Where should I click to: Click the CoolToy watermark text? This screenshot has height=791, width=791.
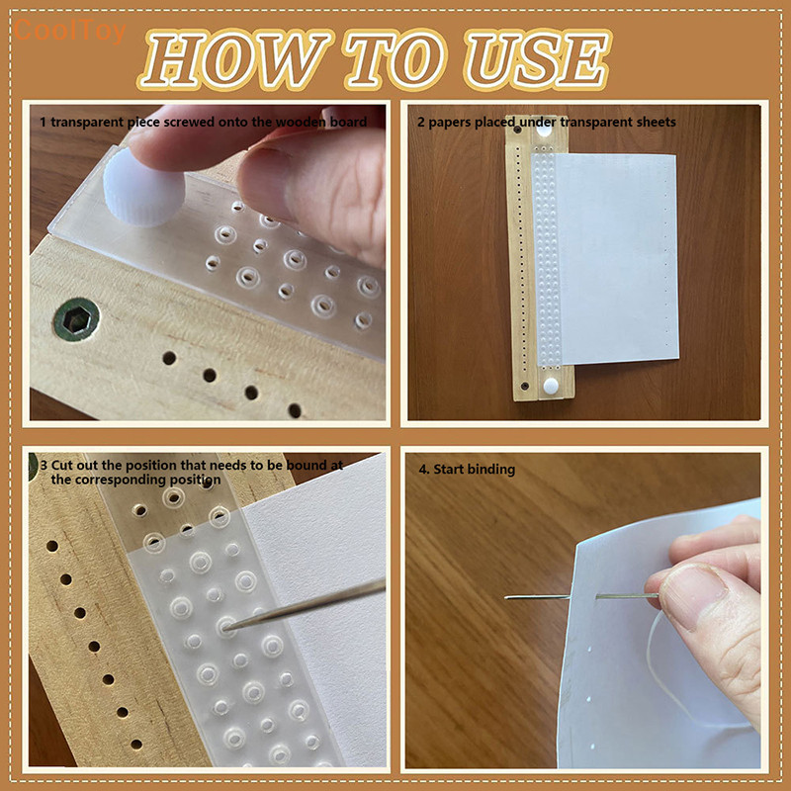pos(69,32)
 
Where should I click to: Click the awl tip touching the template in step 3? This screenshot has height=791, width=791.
pos(230,626)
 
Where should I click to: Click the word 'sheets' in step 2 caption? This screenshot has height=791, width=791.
pos(656,122)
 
